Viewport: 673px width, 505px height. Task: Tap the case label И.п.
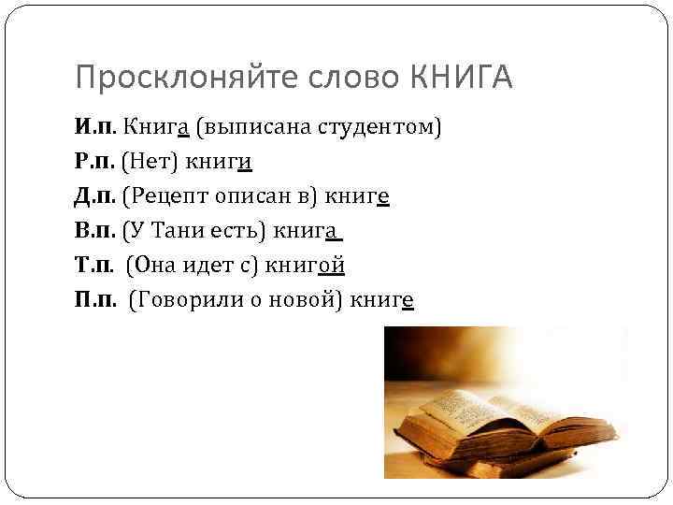click(x=96, y=127)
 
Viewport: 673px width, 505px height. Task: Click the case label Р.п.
click(x=96, y=162)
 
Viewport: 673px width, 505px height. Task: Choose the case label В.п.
click(x=96, y=230)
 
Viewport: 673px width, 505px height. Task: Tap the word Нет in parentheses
click(x=150, y=162)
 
